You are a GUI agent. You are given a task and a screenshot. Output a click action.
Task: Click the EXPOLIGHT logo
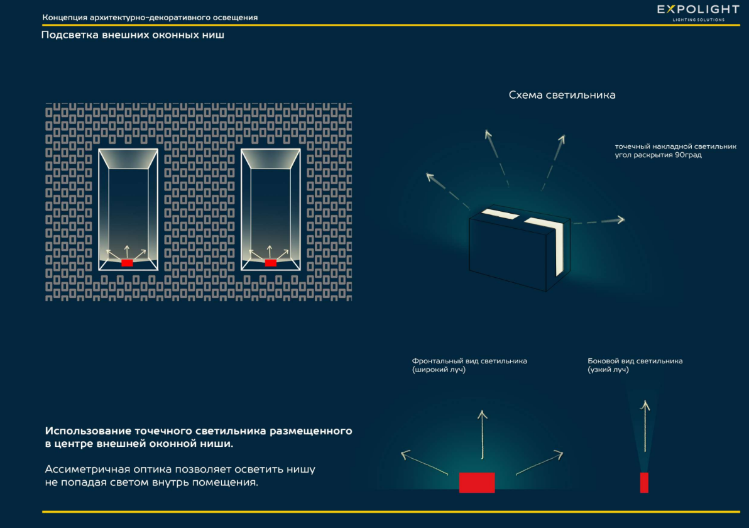(x=698, y=13)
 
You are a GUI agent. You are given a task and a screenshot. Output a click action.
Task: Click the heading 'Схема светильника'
(x=562, y=95)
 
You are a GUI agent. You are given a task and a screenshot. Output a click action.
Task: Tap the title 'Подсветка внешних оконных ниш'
(x=133, y=35)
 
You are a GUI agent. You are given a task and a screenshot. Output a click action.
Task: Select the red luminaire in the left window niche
(x=127, y=263)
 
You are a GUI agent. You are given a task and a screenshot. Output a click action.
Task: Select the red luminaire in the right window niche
(x=270, y=263)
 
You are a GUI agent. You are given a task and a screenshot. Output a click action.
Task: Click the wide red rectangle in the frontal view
(x=477, y=482)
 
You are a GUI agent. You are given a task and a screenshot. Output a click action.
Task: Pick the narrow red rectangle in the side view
(x=644, y=482)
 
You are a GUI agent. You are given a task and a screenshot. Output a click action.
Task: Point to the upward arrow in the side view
(x=645, y=426)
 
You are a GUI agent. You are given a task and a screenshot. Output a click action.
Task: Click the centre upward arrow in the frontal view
(x=483, y=434)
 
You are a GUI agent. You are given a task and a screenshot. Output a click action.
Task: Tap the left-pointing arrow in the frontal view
(x=424, y=462)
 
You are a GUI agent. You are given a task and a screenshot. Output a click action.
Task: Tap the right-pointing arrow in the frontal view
(x=540, y=463)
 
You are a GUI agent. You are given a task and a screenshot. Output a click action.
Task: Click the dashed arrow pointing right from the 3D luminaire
(x=599, y=221)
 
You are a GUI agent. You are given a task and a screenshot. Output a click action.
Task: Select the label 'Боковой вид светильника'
(x=635, y=361)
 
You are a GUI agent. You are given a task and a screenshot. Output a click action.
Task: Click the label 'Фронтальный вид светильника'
(x=469, y=361)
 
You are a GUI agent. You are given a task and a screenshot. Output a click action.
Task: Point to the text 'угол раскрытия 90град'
(x=659, y=155)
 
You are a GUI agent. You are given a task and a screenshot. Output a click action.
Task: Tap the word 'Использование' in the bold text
(x=88, y=431)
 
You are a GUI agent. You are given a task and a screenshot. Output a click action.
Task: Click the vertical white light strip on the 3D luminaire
(x=559, y=248)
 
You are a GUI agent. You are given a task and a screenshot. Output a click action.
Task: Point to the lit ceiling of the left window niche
(x=128, y=159)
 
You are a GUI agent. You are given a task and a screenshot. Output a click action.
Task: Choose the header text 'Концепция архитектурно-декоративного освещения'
(x=150, y=18)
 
